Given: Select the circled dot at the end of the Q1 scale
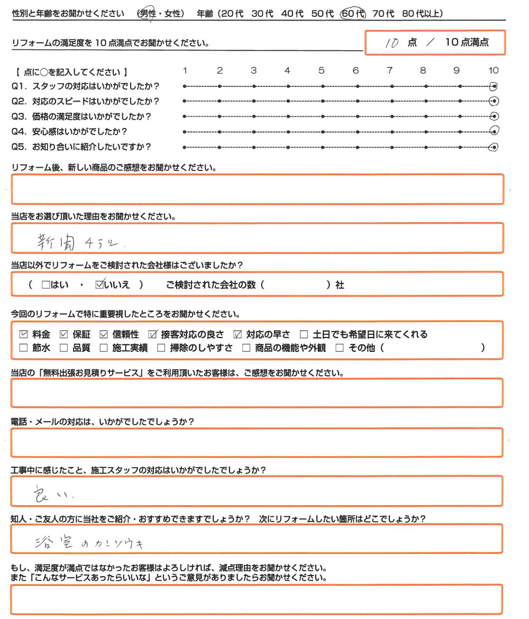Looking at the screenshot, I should click(494, 86).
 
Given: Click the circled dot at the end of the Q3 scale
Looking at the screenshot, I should click(494, 116).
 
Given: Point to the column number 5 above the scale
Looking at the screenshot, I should click(321, 70).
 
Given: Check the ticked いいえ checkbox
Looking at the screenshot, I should click(99, 285).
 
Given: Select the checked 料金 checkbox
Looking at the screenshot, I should click(24, 334).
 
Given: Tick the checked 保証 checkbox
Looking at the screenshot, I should click(64, 334).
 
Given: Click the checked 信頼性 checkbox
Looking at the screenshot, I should click(103, 334).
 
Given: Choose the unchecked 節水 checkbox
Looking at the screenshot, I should click(24, 348).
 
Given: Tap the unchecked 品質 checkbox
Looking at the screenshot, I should click(64, 348).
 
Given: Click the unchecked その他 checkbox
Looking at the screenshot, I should click(340, 348).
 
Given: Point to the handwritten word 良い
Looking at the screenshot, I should click(50, 494).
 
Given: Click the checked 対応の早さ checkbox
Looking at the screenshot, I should click(238, 334).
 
